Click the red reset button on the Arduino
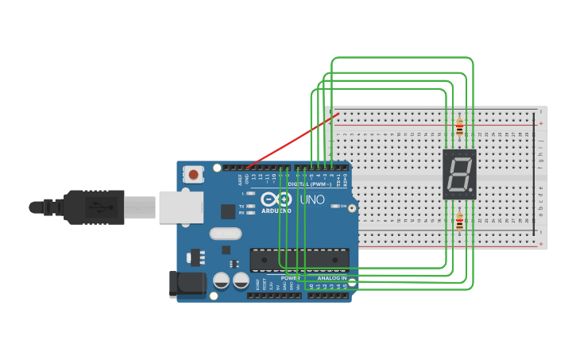point(193,174)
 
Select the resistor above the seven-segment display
point(459,127)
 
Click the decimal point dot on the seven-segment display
point(473,192)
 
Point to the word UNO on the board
point(312,199)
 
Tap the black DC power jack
point(186,284)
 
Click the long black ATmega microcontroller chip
point(299,260)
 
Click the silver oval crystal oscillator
point(226,234)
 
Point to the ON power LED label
point(343,206)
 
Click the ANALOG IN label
point(332,278)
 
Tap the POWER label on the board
point(289,278)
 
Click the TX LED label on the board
point(242,206)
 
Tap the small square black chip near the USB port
point(228,211)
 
